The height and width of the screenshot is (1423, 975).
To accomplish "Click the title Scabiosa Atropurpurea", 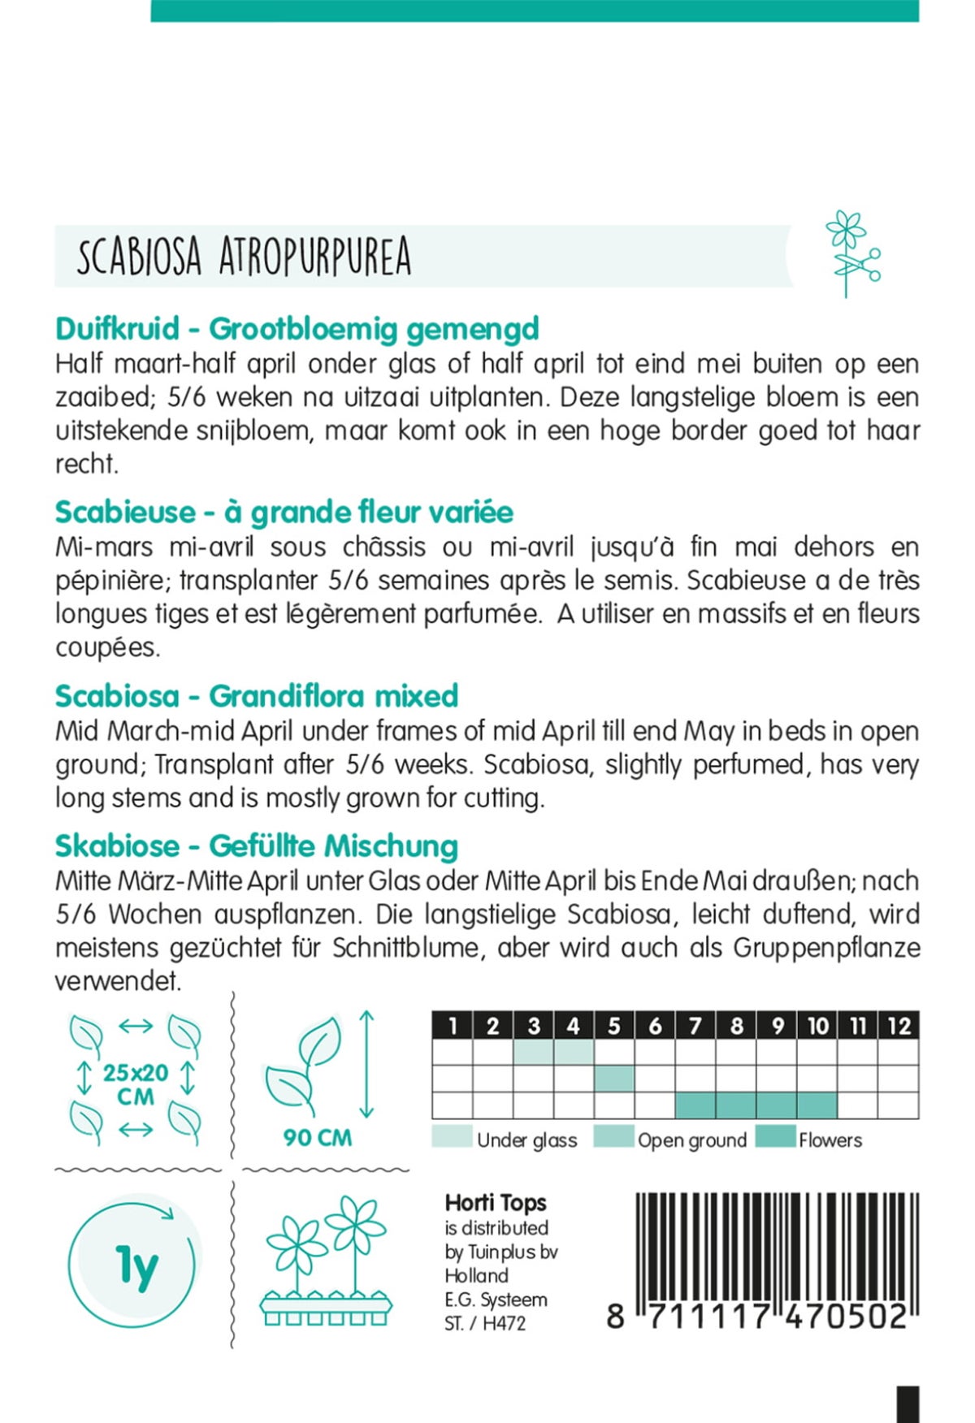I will [x=244, y=257].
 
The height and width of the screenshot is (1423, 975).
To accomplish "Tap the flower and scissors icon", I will [x=851, y=254].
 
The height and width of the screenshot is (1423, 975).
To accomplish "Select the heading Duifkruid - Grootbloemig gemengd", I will [x=297, y=329].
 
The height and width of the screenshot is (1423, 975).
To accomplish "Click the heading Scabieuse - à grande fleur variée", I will [x=284, y=513].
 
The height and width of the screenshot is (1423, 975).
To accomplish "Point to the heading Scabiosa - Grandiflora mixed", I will [x=256, y=696].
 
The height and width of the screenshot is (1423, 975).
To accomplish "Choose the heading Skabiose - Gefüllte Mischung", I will [x=256, y=846].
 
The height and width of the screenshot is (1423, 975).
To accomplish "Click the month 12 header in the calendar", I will [x=899, y=1026].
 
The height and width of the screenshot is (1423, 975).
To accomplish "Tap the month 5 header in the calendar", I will [x=614, y=1026].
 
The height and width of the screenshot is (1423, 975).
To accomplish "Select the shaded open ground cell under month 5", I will [x=614, y=1079].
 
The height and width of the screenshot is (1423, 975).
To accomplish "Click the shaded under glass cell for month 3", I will [x=534, y=1052].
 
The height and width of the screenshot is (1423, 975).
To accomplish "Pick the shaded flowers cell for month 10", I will [x=817, y=1105].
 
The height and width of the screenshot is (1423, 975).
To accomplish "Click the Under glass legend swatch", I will [x=452, y=1137].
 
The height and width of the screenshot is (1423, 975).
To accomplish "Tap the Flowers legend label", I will [x=830, y=1140].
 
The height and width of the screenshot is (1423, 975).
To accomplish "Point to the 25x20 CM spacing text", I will [x=136, y=1084].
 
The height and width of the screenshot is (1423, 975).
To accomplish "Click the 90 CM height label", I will [x=317, y=1138].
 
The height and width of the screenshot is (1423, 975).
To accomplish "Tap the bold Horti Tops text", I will [x=496, y=1203].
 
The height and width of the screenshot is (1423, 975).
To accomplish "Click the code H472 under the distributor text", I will [x=504, y=1323].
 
